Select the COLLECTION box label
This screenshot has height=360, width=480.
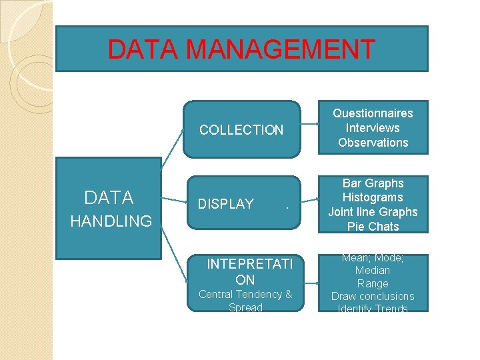[241, 130]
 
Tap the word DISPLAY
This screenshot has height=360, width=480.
[226, 204]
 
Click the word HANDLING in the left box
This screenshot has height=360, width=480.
[111, 221]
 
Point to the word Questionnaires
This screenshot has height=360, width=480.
[373, 113]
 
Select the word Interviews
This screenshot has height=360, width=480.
[373, 128]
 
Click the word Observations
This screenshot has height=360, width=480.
[373, 143]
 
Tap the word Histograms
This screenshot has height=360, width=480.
[373, 197]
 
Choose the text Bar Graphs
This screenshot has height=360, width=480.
[373, 183]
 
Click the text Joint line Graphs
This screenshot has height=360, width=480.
[373, 212]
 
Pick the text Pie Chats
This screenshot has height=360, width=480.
[373, 227]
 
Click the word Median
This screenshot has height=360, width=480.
[373, 271]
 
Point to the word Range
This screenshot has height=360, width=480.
[373, 283]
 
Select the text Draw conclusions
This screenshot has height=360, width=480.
[373, 296]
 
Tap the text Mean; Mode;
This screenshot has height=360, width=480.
[373, 258]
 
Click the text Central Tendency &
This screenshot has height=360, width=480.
[245, 294]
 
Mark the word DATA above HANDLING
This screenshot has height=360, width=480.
[109, 197]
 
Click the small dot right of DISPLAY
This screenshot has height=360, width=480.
[286, 207]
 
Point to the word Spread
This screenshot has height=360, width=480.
[245, 307]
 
